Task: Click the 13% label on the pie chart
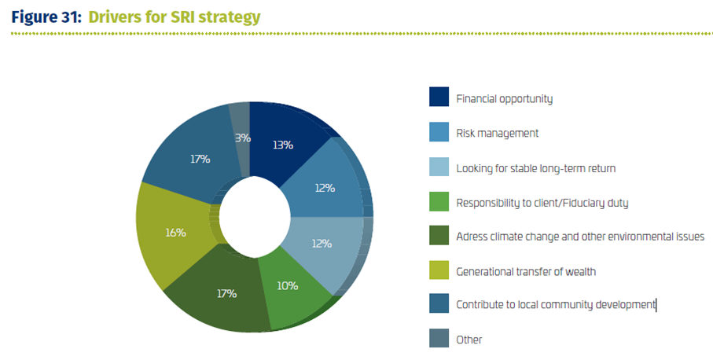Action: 283,145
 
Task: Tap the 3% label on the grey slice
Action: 243,138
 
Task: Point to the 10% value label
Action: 288,286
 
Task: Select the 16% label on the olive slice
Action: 175,233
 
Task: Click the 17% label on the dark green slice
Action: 226,294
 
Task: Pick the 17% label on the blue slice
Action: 200,159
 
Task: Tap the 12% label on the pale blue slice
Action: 322,244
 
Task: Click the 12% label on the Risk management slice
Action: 325,188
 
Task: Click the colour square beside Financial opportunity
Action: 439,97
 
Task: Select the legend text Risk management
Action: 498,133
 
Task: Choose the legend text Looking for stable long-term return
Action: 536,168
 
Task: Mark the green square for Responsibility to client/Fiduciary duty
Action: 439,201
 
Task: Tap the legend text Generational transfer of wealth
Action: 526,272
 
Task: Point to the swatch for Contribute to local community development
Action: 439,303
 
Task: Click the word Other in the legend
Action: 469,340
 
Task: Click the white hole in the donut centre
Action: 255,217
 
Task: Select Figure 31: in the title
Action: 46,17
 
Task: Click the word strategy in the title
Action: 230,18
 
